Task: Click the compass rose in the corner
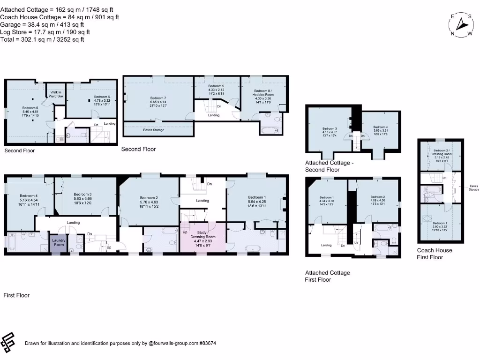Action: (x=463, y=24)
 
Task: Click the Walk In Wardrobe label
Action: (x=56, y=94)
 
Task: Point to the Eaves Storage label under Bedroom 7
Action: (x=153, y=130)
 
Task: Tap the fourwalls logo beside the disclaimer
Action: (x=8, y=343)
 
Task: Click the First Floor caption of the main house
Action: (x=16, y=295)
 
